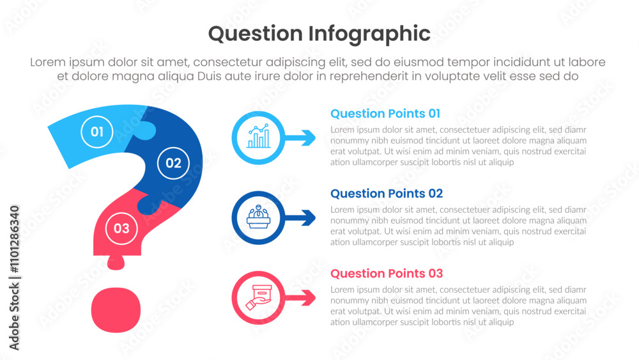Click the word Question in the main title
coord(255,34)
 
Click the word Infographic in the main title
coord(369,35)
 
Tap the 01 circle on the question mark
coord(96,132)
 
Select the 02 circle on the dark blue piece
coord(173,163)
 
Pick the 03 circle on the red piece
coord(121,228)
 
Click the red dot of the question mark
coord(116,310)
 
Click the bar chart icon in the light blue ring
coord(258,136)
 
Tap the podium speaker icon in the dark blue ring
coord(258,217)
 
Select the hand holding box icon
coord(258,297)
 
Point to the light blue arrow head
coord(308,138)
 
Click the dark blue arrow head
coord(308,217)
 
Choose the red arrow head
coord(308,297)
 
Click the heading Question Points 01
coord(385,113)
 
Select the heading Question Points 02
coord(387,193)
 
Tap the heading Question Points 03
coord(387,273)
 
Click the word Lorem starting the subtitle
coord(48,62)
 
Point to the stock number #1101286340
coord(14,239)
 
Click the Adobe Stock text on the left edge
coord(14,317)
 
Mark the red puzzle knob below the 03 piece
coord(116,262)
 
